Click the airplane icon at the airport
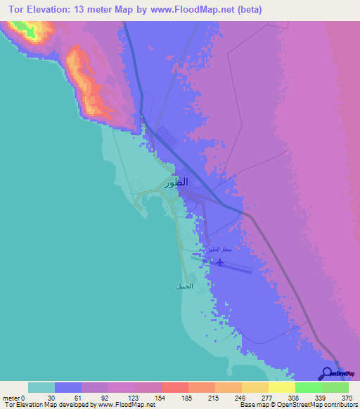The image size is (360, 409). [220, 262]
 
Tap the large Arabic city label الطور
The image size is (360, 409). [176, 183]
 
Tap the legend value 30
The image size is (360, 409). [41, 397]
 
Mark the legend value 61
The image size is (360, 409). [68, 397]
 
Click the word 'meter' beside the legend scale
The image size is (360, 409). [11, 397]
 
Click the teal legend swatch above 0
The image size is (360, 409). [41, 387]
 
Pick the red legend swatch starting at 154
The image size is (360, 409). [174, 387]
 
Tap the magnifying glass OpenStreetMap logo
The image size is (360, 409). [328, 373]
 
